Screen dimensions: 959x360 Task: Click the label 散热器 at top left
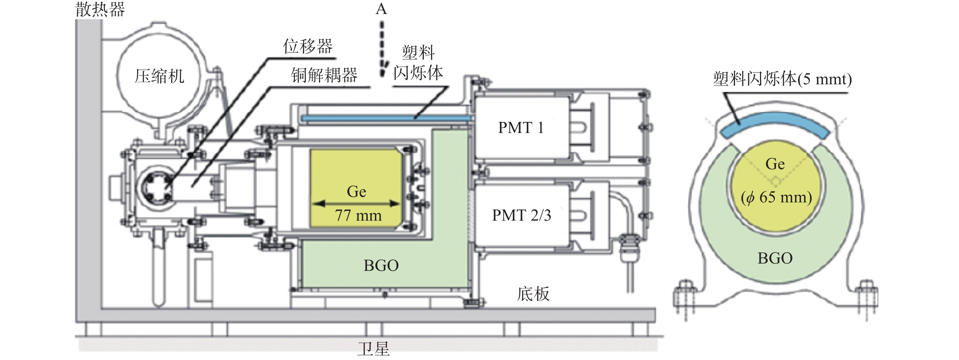pyautogui.click(x=100, y=9)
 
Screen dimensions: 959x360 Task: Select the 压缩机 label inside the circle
pyautogui.click(x=159, y=76)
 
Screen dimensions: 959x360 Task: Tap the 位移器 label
pyautogui.click(x=307, y=47)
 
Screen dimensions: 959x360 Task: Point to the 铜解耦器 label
pyautogui.click(x=324, y=75)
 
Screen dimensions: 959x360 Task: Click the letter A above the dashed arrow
pyautogui.click(x=381, y=9)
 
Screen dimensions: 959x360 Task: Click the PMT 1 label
pyautogui.click(x=521, y=128)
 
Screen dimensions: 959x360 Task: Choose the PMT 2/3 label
pyautogui.click(x=521, y=215)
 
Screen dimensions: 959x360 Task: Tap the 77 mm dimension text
pyautogui.click(x=358, y=215)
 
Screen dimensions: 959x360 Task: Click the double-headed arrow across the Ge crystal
pyautogui.click(x=356, y=203)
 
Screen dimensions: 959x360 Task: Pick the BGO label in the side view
pyautogui.click(x=381, y=265)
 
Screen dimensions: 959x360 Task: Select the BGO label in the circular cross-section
pyautogui.click(x=775, y=258)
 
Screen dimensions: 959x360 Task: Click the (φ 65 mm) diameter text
pyautogui.click(x=776, y=197)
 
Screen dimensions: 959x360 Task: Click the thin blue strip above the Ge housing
pyautogui.click(x=386, y=118)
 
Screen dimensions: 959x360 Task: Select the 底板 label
pyautogui.click(x=533, y=294)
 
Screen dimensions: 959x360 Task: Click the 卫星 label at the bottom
pyautogui.click(x=373, y=349)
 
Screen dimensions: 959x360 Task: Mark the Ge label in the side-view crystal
pyautogui.click(x=357, y=192)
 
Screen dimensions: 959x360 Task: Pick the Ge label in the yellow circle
pyautogui.click(x=775, y=164)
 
